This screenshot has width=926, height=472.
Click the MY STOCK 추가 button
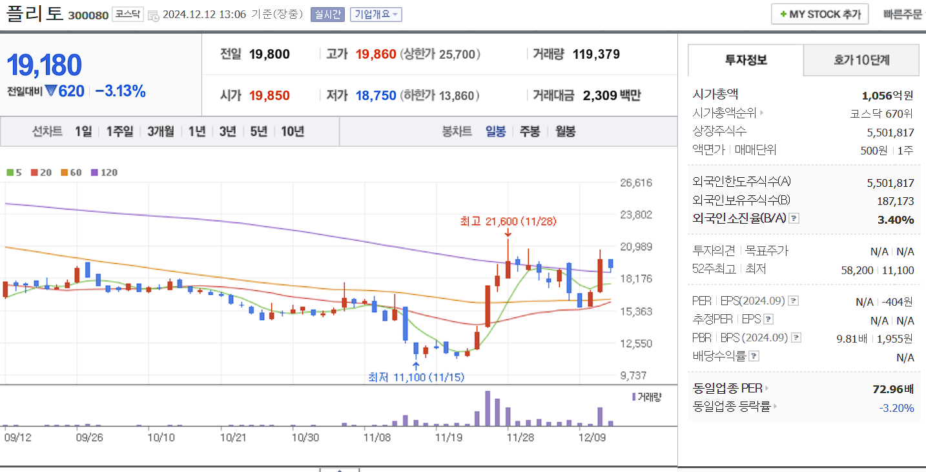(819, 14)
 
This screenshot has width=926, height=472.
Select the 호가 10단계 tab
(861, 60)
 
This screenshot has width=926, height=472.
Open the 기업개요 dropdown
(376, 14)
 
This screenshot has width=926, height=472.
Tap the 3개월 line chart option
(160, 131)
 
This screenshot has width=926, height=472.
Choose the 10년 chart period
(293, 131)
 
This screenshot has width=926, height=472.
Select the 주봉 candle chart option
(530, 131)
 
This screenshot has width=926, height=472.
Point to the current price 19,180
(44, 65)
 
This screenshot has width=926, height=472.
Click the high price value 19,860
(375, 54)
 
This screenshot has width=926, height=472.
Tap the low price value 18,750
(375, 96)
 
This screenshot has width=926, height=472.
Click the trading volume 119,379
(596, 54)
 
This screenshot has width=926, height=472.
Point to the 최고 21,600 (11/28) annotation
(508, 221)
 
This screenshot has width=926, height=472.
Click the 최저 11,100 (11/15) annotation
(416, 377)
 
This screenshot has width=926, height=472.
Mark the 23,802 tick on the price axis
(635, 215)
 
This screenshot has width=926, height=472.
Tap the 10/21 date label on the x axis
(233, 437)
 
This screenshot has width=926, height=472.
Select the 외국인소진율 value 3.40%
(895, 220)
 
